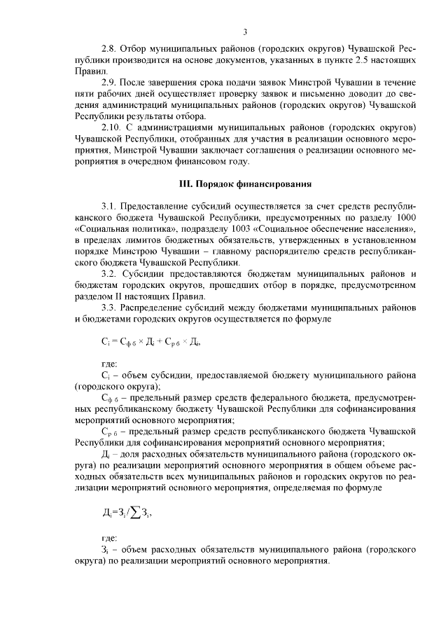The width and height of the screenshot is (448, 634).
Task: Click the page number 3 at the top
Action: pyautogui.click(x=245, y=31)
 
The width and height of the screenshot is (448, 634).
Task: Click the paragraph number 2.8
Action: pyautogui.click(x=109, y=50)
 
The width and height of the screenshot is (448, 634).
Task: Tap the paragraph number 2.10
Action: pyautogui.click(x=111, y=128)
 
